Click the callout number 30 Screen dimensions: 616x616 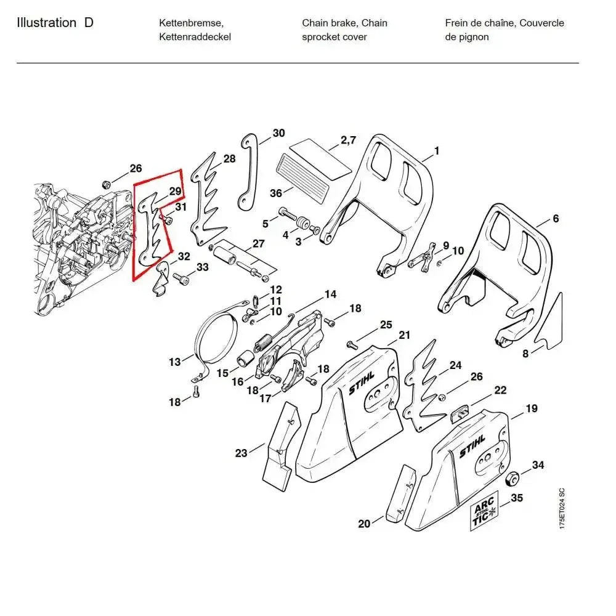(278, 133)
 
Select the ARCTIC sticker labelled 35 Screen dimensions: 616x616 (485, 514)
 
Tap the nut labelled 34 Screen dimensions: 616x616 (511, 479)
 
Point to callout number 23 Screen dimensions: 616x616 (241, 453)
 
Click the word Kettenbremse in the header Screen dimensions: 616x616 (191, 23)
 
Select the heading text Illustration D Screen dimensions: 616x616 (55, 23)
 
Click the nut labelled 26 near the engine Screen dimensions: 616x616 (106, 184)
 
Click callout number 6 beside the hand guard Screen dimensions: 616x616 (556, 218)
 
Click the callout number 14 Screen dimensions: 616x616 (331, 294)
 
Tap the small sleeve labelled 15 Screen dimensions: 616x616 (245, 359)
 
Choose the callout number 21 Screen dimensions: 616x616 (404, 335)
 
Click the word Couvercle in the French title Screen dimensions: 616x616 (541, 23)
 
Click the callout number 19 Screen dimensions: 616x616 (531, 408)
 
